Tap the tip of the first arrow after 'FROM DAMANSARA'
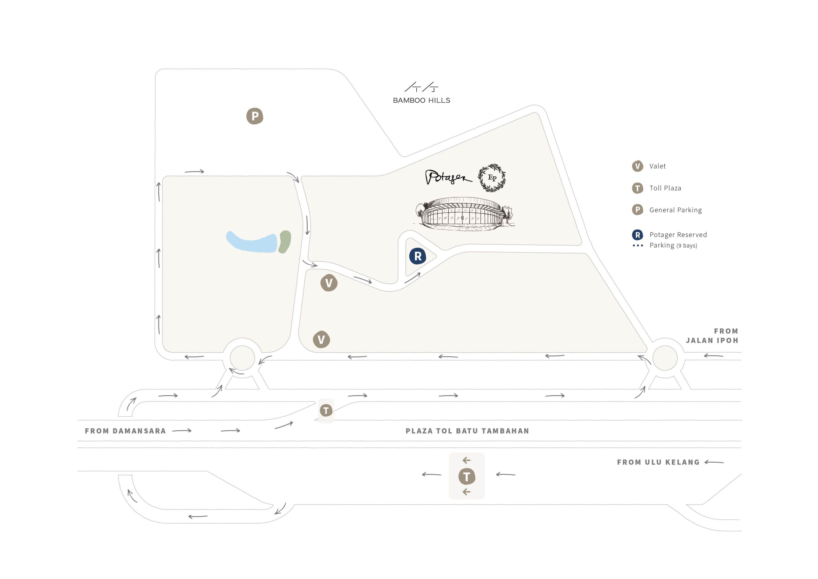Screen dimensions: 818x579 tap(191, 430)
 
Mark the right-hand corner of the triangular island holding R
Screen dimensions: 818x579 tap(436, 256)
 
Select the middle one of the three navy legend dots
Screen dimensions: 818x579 tap(638, 246)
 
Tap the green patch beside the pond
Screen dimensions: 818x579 tap(284, 242)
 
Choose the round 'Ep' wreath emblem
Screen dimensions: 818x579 tap(492, 177)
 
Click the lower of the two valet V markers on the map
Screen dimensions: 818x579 tap(321, 340)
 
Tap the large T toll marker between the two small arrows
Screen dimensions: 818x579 tap(467, 476)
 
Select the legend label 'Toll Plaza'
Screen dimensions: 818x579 tap(665, 188)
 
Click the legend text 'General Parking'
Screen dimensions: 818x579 tap(675, 210)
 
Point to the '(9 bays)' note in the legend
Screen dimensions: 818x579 tap(687, 246)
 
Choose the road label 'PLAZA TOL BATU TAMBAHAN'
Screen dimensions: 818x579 tap(467, 431)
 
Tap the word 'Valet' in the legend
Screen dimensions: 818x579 tap(658, 166)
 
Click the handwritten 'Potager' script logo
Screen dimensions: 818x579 tap(449, 177)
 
